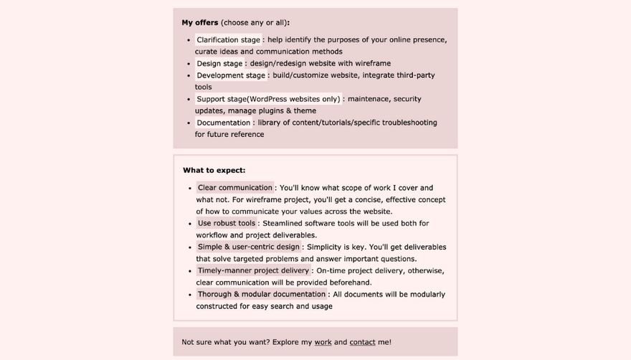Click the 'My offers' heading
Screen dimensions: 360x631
click(200, 23)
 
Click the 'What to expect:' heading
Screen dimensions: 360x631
click(214, 171)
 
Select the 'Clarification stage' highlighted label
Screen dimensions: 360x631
click(229, 40)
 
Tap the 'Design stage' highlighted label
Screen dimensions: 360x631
click(219, 64)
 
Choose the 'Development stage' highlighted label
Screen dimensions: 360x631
click(231, 75)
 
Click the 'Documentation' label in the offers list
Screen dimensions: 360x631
click(224, 123)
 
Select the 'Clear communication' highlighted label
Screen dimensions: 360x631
click(235, 188)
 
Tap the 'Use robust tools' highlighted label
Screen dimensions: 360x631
click(227, 223)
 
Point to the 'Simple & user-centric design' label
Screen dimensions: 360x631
click(249, 247)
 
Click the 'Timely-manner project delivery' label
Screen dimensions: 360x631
click(254, 270)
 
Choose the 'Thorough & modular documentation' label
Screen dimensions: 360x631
click(262, 294)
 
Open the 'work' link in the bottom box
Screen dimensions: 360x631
click(323, 343)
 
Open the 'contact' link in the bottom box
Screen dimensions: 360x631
click(362, 343)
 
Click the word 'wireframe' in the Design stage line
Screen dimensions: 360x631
click(371, 64)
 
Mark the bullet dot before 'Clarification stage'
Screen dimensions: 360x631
click(189, 41)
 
